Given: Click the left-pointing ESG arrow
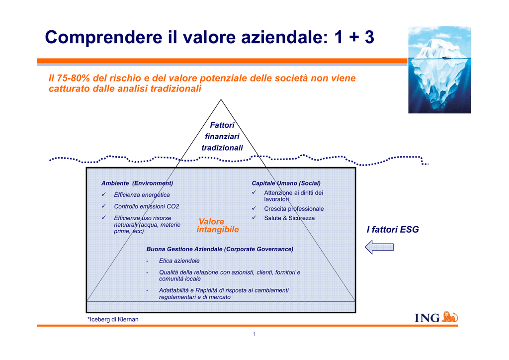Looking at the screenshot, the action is (379, 247).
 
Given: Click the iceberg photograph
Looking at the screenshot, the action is (439, 70).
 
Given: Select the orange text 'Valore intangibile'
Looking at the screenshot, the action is (218, 226).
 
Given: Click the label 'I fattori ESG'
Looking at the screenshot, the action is (393, 230).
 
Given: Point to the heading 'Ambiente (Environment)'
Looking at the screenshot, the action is (137, 183).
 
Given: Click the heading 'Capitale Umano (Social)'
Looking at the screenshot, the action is (286, 183).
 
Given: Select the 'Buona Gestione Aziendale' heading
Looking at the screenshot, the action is (220, 249).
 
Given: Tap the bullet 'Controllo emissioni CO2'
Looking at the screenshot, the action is (147, 206).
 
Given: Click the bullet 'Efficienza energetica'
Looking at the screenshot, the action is (142, 195).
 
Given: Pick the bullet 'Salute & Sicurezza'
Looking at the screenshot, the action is (289, 218).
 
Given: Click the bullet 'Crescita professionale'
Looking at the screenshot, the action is (294, 209).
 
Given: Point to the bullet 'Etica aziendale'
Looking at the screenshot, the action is (179, 261).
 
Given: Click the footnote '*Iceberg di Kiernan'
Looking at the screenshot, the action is (113, 319).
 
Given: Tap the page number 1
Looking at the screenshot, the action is (254, 334).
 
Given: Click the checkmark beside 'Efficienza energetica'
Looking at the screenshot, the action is (103, 194).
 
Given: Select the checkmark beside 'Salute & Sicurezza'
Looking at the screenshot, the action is (254, 217).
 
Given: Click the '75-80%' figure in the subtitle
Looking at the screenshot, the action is (74, 78).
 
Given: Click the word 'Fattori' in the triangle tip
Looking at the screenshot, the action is (222, 125).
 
